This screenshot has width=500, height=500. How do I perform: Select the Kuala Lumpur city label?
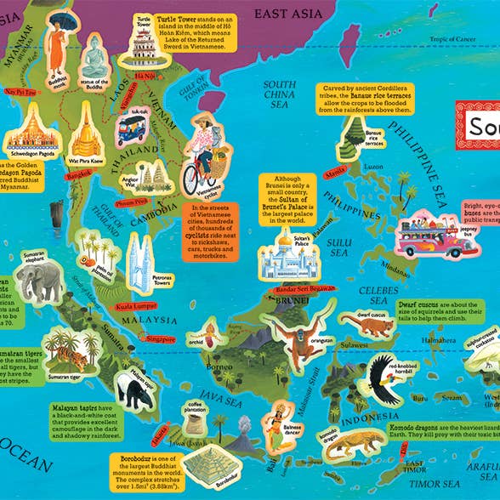click(x=137, y=302)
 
